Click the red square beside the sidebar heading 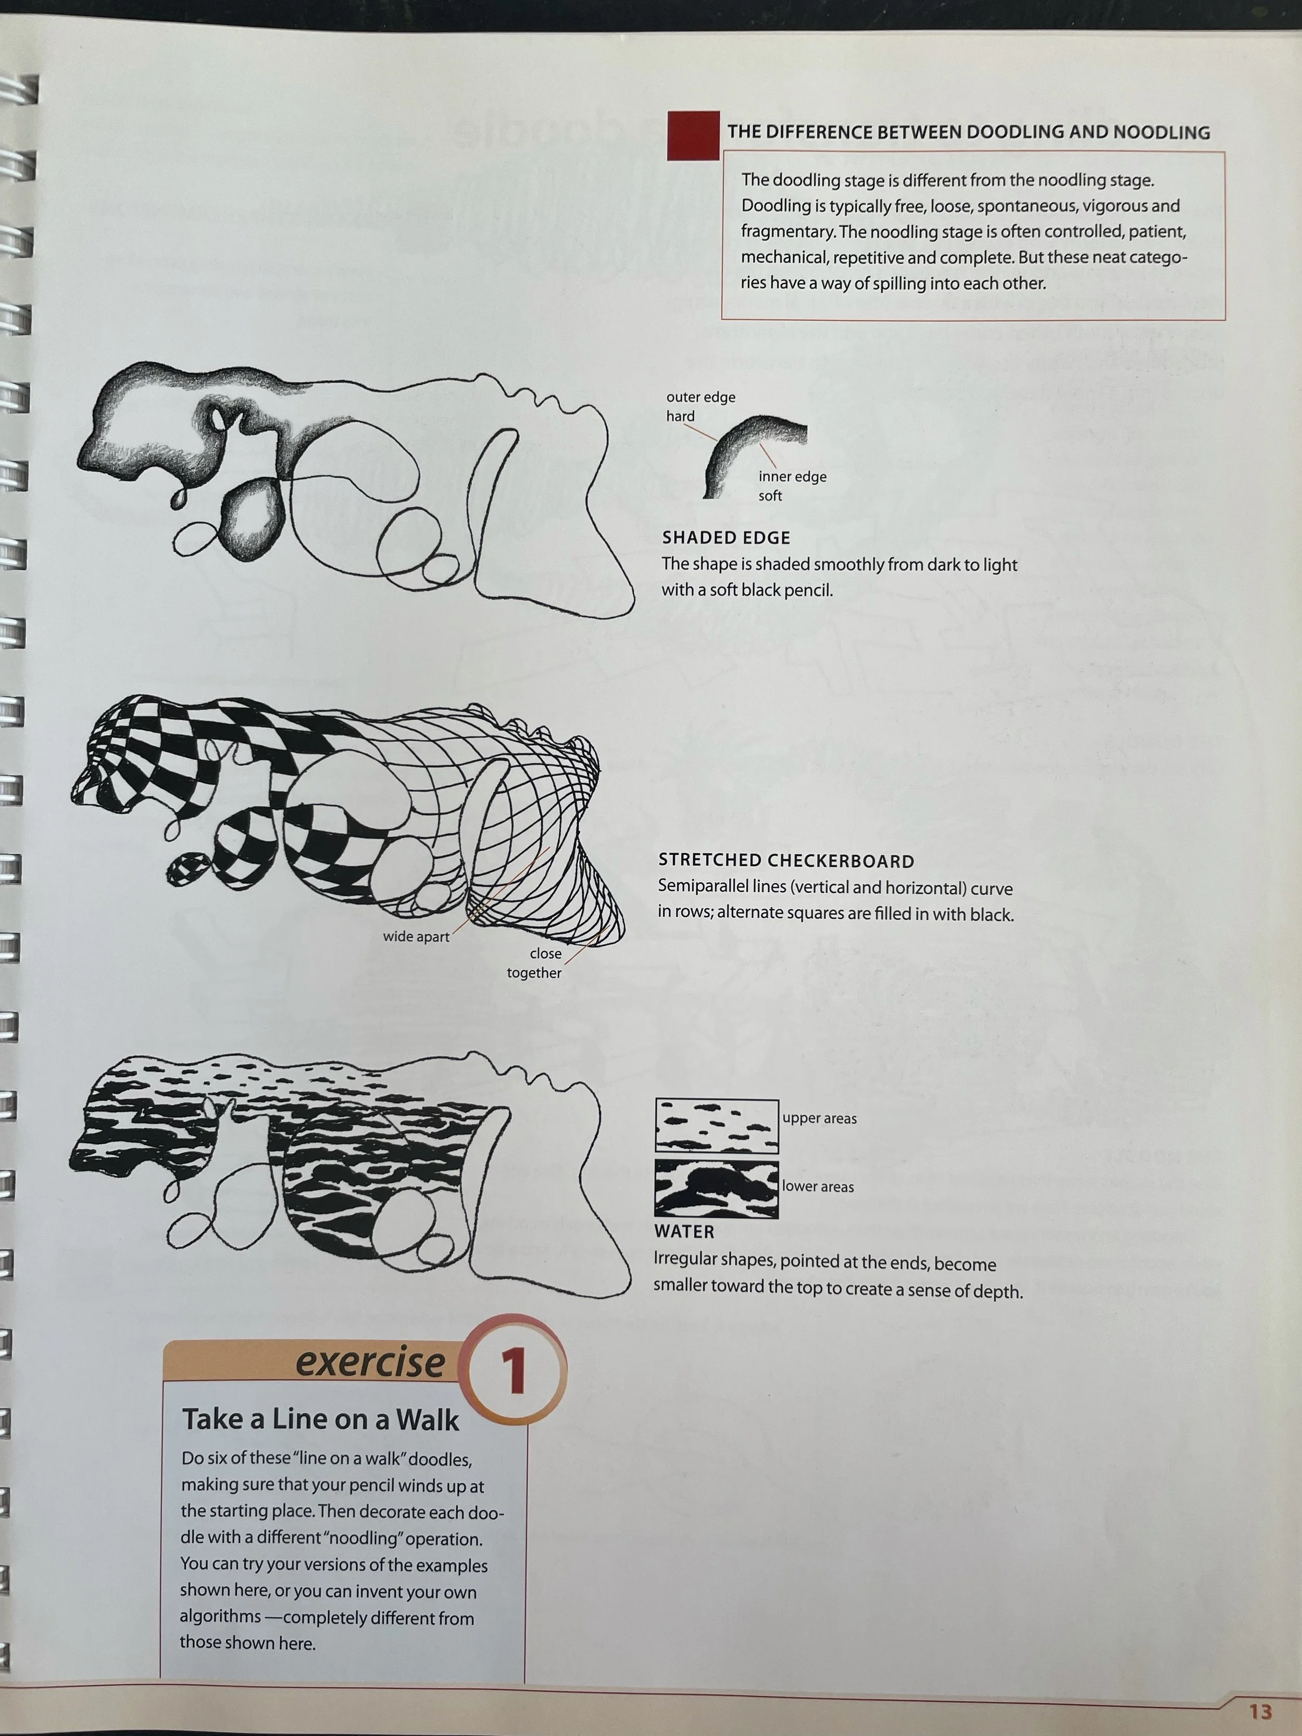click(693, 135)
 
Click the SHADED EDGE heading click(726, 538)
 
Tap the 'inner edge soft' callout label click(792, 486)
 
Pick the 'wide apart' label click(416, 936)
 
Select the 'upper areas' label click(819, 1118)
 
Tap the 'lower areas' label click(818, 1187)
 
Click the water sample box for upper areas click(717, 1126)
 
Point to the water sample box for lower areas click(717, 1189)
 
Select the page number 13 click(1260, 1712)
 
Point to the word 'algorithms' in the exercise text click(220, 1617)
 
